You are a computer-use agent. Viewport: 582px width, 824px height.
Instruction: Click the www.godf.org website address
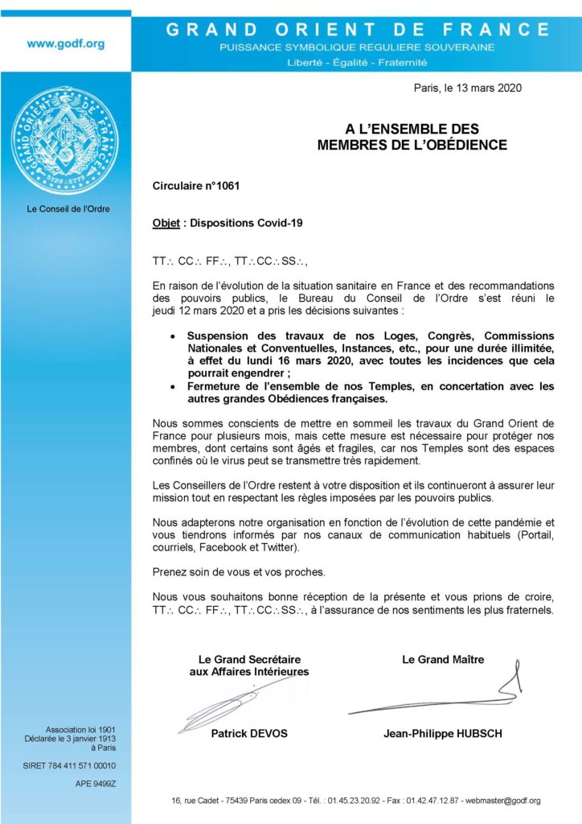tap(66, 44)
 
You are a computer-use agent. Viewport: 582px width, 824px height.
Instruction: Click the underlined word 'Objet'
tap(166, 223)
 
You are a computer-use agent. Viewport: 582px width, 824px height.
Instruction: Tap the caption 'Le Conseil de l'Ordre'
tap(68, 209)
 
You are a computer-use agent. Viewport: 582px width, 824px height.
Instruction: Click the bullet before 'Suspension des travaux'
tap(174, 336)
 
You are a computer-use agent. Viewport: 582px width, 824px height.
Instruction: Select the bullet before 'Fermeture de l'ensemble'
tap(174, 387)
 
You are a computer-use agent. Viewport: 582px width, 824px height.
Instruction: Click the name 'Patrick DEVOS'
tap(248, 733)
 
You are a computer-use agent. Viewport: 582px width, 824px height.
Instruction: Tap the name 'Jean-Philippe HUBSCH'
tap(443, 733)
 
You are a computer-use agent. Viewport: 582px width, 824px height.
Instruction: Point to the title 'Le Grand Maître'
tap(443, 660)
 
